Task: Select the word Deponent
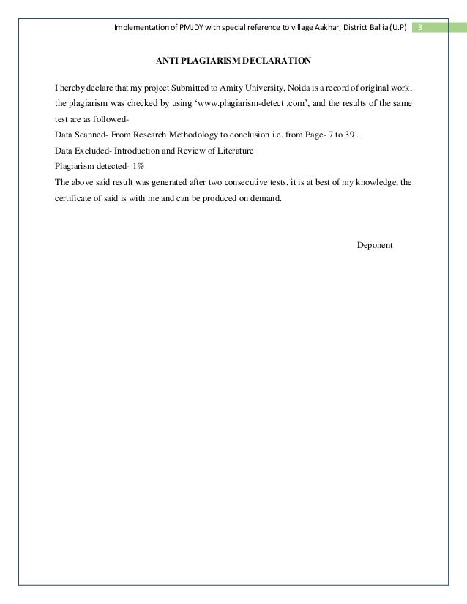375,244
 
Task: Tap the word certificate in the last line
73,197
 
